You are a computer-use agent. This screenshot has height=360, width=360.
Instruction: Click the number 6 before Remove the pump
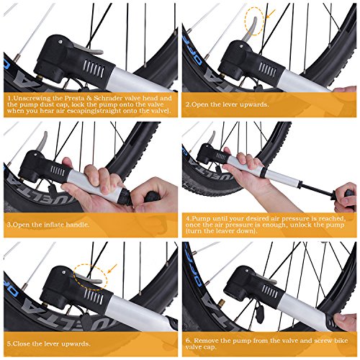click(187, 339)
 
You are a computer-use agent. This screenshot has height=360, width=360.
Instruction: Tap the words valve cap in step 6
click(204, 348)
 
